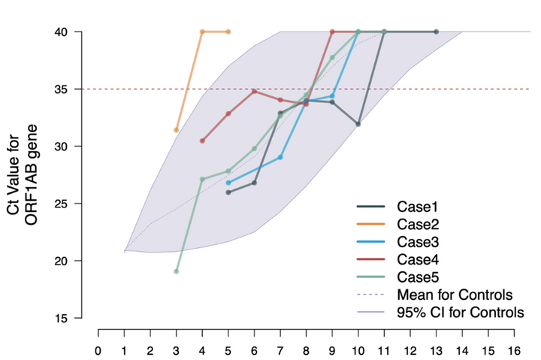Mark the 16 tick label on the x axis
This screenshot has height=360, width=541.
point(513,350)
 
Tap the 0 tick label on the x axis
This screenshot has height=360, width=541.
point(98,350)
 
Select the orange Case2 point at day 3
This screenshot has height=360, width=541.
point(177,130)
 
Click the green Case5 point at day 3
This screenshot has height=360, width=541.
point(177,271)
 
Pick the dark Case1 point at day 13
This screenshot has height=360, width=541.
point(436,32)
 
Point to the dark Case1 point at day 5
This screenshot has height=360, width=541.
point(228,192)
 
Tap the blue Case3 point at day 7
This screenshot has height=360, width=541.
point(280,157)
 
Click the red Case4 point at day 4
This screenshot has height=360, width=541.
point(202,141)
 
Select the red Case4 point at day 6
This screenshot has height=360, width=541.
point(255,91)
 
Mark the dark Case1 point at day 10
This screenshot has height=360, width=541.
point(358,124)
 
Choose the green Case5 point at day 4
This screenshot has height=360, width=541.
point(202,179)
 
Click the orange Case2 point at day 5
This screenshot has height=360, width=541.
point(228,32)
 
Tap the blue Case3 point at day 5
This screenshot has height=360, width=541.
point(228,183)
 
